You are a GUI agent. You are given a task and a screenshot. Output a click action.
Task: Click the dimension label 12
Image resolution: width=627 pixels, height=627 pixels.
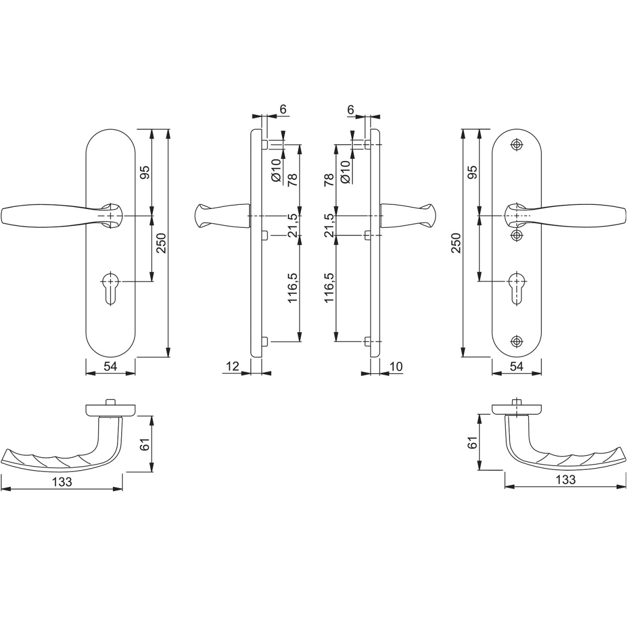point(233,366)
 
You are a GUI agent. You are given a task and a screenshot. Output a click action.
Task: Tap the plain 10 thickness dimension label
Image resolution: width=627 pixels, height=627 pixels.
point(396,366)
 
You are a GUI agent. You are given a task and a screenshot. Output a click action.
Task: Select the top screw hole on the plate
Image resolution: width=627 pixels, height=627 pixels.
point(516,145)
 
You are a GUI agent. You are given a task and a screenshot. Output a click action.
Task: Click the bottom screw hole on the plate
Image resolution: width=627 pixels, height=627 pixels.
point(516,341)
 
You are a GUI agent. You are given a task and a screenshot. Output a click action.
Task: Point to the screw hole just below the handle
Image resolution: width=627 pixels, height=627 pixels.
point(516,235)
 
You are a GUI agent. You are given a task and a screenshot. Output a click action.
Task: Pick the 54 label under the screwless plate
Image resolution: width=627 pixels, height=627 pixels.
point(110,366)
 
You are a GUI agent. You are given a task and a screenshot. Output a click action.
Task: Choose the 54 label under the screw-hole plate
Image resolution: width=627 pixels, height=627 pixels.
point(516,366)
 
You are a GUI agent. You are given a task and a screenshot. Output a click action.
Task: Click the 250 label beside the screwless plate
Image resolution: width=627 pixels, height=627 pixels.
point(161,243)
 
